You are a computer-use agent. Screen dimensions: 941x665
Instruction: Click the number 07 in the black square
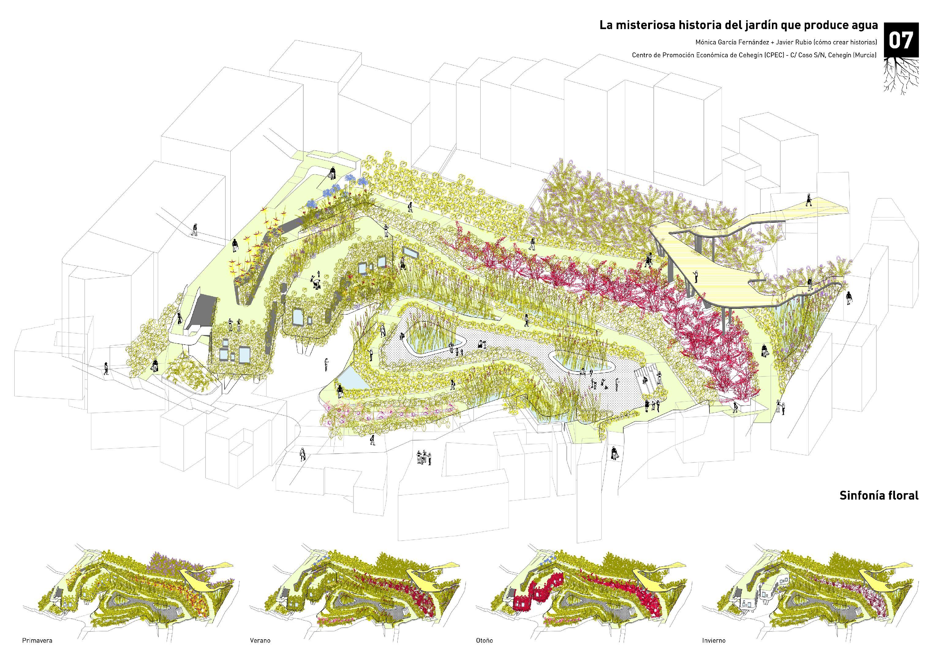[901, 40]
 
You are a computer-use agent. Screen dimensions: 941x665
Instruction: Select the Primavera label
[37, 640]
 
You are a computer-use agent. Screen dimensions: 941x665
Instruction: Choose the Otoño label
[484, 640]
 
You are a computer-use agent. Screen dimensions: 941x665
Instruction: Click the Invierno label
[713, 640]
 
